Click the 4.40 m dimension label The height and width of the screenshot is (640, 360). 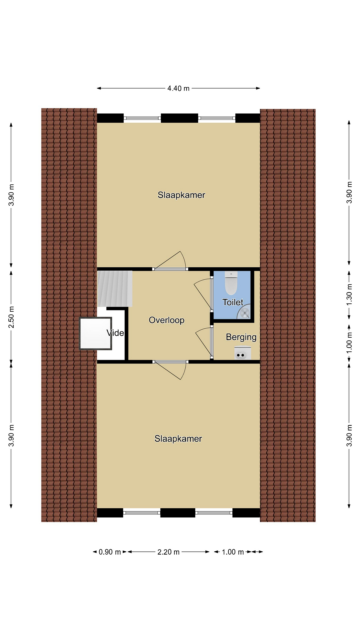click(x=178, y=88)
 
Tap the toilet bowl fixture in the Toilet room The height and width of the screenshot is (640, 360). click(x=231, y=283)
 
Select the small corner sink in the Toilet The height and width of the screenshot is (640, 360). click(x=244, y=313)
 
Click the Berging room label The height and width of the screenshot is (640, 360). click(x=241, y=337)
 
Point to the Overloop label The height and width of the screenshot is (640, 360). click(x=167, y=320)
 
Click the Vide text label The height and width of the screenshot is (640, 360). click(x=115, y=333)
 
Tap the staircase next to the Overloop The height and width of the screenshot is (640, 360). click(x=115, y=289)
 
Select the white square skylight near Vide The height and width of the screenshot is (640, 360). click(x=95, y=333)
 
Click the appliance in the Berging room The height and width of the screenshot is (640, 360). click(x=243, y=353)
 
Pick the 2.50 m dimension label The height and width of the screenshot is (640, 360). click(x=11, y=317)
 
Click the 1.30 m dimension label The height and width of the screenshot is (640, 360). click(x=349, y=294)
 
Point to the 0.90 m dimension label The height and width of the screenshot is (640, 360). click(x=110, y=552)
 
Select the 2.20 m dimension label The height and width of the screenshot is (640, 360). click(x=168, y=552)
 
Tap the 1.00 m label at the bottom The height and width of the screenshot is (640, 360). click(x=233, y=552)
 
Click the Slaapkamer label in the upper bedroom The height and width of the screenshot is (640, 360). click(x=181, y=195)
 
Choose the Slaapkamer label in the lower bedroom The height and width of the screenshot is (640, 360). click(x=178, y=439)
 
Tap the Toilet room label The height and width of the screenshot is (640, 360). click(x=233, y=302)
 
